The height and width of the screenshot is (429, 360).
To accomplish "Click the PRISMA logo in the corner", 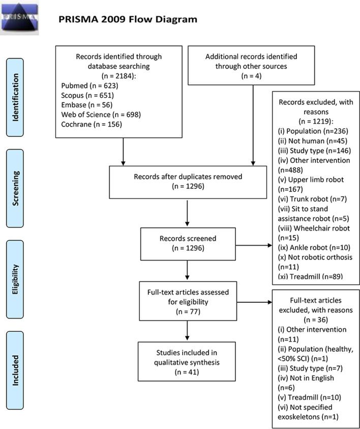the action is click(x=20, y=18).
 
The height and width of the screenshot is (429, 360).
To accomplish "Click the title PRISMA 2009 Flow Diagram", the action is click(x=128, y=19).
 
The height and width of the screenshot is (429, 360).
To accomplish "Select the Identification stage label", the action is click(x=15, y=97).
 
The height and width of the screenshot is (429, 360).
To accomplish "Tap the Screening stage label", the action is click(x=15, y=188).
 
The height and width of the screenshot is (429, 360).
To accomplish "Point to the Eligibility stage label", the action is click(x=15, y=279).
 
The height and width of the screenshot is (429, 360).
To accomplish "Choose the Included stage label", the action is click(x=15, y=370).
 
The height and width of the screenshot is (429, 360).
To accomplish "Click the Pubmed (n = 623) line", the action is click(x=89, y=85).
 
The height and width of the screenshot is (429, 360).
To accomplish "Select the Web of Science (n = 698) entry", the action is click(x=101, y=115).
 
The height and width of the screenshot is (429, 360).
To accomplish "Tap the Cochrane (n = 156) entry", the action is click(x=92, y=124).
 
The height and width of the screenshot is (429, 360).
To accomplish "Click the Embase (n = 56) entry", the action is click(x=86, y=105).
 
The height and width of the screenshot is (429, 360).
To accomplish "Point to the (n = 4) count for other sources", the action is click(x=251, y=76).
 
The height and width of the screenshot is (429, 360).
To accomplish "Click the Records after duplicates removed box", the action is click(x=188, y=182).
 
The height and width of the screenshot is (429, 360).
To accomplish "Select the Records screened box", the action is click(x=188, y=244).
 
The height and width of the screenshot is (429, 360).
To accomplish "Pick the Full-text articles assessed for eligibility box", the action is click(x=188, y=301).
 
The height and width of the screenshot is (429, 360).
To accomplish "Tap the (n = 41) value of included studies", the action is click(x=187, y=372).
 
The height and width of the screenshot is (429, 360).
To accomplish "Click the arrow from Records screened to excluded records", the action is click(x=254, y=245).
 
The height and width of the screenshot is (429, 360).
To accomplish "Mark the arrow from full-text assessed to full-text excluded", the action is click(x=254, y=302).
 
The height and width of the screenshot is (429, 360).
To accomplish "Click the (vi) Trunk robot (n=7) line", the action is click(x=312, y=199).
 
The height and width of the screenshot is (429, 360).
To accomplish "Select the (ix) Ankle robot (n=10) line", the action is click(x=314, y=248).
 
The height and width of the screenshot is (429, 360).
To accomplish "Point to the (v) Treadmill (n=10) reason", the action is click(x=310, y=397).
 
